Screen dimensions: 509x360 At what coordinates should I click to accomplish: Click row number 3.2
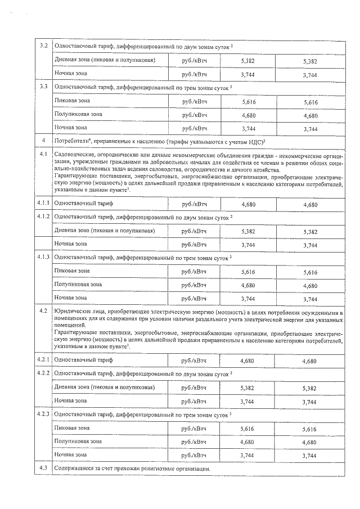coord(43,45)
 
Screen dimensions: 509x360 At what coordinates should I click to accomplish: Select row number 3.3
coord(43,87)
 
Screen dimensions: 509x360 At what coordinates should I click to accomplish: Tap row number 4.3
coord(43,468)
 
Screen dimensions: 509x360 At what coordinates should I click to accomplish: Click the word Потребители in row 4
coord(71,140)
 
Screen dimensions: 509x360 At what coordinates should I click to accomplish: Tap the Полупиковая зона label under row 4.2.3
coord(78,441)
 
